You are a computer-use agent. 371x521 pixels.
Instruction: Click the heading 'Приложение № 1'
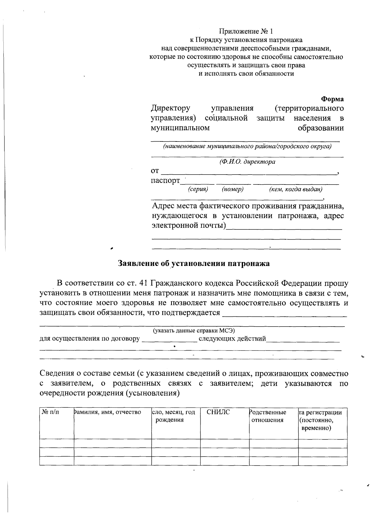click(246, 31)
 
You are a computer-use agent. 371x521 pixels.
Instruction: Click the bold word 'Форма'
click(332, 99)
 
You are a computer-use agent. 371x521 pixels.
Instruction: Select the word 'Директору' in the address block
click(170, 108)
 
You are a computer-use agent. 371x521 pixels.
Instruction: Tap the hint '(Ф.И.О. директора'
click(247, 162)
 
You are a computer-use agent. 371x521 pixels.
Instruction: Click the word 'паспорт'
click(165, 180)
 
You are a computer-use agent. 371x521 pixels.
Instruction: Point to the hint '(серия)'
click(198, 189)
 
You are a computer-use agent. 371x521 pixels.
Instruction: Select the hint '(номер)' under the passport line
click(232, 189)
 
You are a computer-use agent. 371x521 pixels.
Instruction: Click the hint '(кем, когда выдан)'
click(296, 189)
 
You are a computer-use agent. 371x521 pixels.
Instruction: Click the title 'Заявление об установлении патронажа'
click(194, 263)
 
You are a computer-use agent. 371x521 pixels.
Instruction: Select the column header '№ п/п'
click(50, 412)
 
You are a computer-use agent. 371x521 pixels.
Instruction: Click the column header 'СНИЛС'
click(218, 412)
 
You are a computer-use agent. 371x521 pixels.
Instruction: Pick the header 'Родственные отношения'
click(268, 416)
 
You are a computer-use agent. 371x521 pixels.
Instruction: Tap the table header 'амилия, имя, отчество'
click(107, 412)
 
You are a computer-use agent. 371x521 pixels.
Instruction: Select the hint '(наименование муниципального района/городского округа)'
click(247, 146)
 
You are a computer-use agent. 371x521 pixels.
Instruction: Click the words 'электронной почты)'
click(189, 225)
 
